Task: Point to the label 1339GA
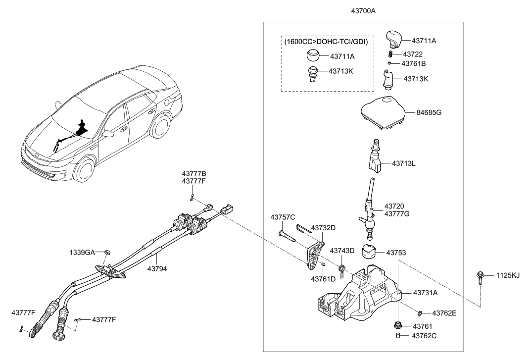coord(83,252)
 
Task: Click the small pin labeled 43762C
coord(399,336)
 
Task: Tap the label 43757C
coord(283,217)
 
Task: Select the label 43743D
coord(342,251)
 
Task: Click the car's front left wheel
coord(85,171)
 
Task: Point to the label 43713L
coord(404,162)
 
